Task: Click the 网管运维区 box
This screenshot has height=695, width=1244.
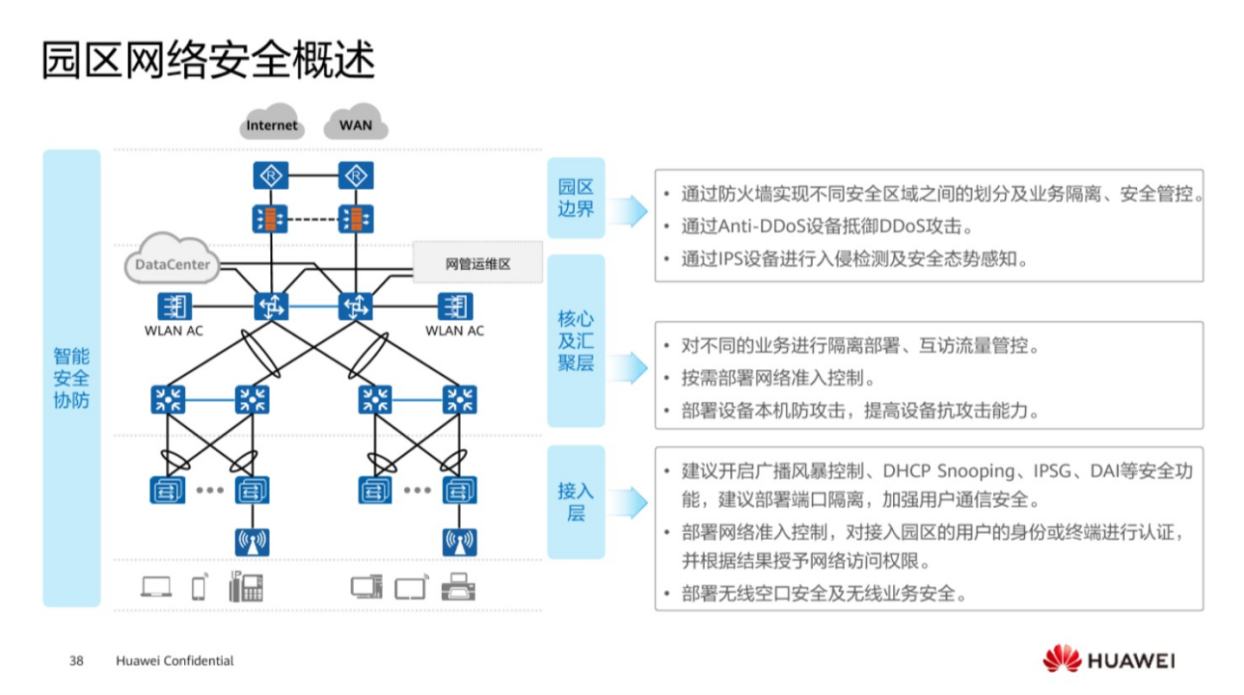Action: (x=477, y=264)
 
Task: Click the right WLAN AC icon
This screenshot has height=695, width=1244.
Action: (x=455, y=307)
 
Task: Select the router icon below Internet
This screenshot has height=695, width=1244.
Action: (x=271, y=176)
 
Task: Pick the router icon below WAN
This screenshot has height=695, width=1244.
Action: (x=356, y=176)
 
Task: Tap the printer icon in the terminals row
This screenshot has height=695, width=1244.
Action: (x=458, y=587)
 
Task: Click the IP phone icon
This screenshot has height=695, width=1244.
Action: (x=246, y=587)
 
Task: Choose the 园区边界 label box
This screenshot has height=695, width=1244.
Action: (x=576, y=198)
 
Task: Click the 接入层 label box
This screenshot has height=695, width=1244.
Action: (x=576, y=501)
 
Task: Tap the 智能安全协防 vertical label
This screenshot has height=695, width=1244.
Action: (x=71, y=377)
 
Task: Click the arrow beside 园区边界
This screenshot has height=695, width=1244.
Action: (x=629, y=209)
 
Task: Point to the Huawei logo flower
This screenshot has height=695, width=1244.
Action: (x=1062, y=659)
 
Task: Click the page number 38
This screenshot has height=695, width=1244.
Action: (x=77, y=661)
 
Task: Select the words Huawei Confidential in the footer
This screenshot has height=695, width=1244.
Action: (x=175, y=661)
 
